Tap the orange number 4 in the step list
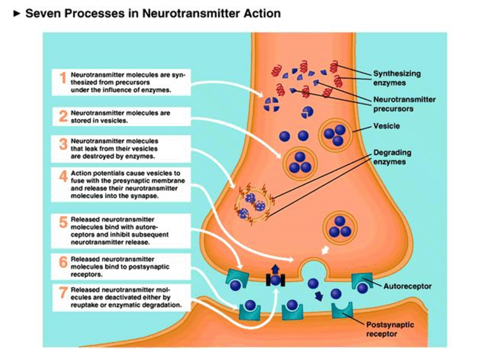click(63, 177)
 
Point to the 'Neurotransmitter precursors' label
click(404, 104)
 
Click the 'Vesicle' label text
click(386, 126)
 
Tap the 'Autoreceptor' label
click(407, 286)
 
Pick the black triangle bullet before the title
click(18, 13)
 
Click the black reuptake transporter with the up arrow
click(275, 280)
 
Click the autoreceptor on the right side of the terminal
click(362, 283)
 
